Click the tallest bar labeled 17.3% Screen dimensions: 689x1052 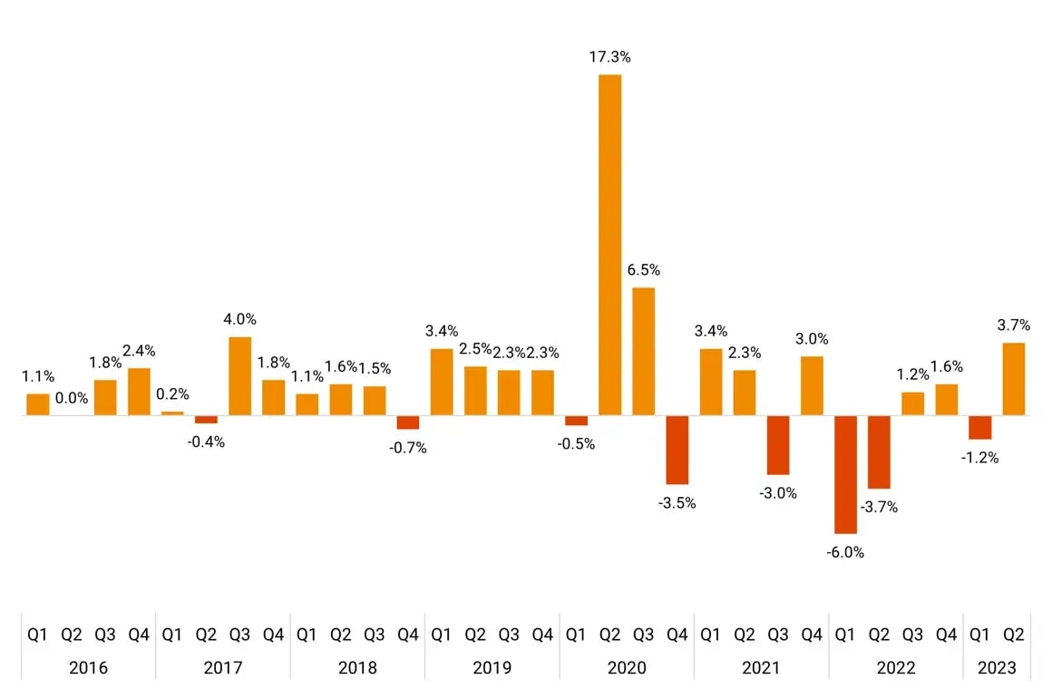(x=610, y=245)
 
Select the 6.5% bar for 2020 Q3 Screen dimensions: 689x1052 (x=644, y=352)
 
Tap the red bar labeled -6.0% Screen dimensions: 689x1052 (x=846, y=474)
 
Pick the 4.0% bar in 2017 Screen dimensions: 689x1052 (x=239, y=376)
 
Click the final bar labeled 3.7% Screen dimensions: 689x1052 (x=1014, y=379)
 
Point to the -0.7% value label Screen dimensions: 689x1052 (x=408, y=448)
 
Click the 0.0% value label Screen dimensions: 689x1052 (x=72, y=397)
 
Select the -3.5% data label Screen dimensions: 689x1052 (x=677, y=503)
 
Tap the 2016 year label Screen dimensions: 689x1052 (x=88, y=668)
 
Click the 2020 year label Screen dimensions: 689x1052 (x=627, y=668)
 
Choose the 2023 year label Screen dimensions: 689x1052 (x=998, y=668)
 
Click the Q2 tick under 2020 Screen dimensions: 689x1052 (x=609, y=636)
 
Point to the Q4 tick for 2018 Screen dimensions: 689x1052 (x=408, y=636)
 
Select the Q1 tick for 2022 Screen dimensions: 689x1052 (x=845, y=636)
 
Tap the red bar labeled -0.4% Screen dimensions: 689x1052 (x=206, y=420)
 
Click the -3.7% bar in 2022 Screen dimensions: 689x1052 (x=880, y=452)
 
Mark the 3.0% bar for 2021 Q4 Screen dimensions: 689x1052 (x=813, y=386)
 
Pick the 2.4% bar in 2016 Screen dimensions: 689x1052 (x=139, y=392)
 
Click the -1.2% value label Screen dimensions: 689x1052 (x=980, y=458)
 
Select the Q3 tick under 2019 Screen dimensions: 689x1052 (x=509, y=636)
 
